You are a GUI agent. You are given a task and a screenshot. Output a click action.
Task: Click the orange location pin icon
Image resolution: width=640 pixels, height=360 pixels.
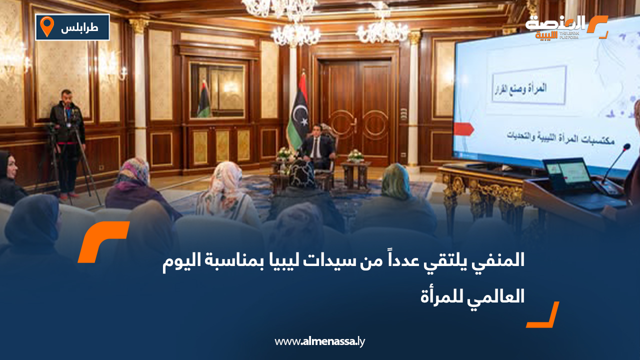(x=47, y=26)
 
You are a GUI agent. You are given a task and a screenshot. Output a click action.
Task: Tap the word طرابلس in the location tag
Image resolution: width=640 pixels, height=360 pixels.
(x=79, y=28)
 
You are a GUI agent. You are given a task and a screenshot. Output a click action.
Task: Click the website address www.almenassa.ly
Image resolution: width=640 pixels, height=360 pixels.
(x=320, y=342)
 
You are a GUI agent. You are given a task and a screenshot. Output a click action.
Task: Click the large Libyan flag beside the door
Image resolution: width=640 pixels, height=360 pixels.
(x=298, y=112)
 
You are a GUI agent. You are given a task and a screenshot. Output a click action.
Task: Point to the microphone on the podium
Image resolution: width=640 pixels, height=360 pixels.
(x=615, y=165)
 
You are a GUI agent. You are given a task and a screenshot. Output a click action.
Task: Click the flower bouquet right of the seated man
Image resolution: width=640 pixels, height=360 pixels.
(x=355, y=156)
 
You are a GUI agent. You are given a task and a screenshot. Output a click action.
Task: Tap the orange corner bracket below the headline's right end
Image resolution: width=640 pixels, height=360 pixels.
(x=543, y=315)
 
